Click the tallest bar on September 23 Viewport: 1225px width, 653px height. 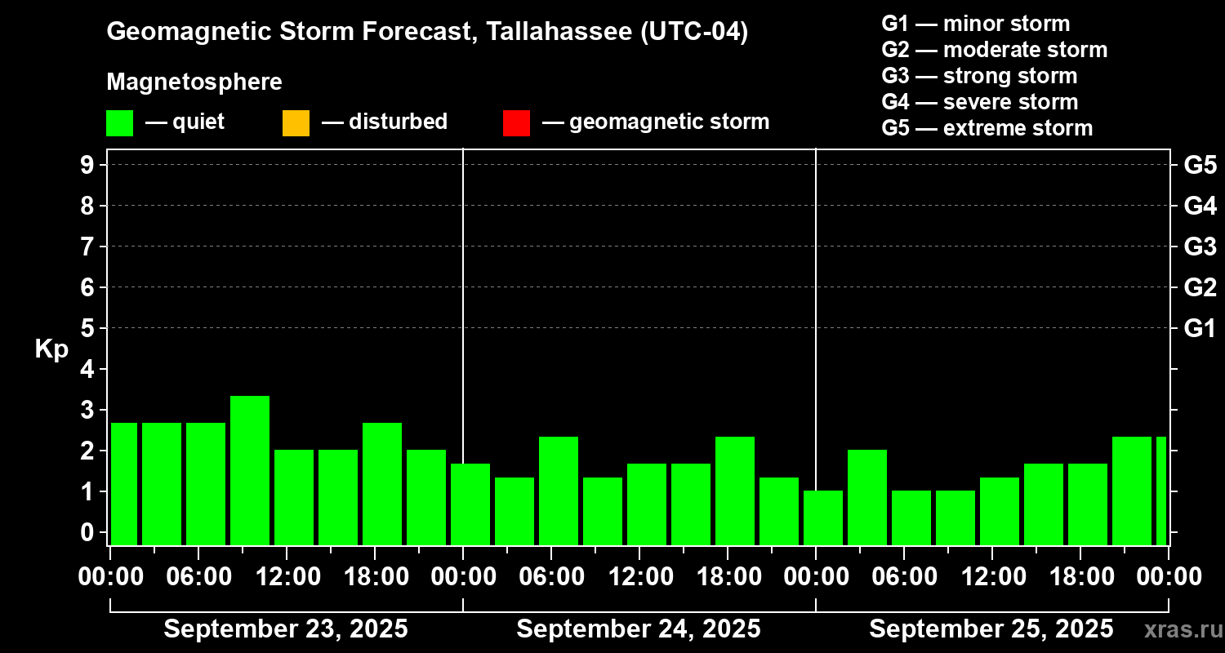pyautogui.click(x=250, y=470)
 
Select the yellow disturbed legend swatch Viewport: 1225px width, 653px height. pyautogui.click(x=296, y=123)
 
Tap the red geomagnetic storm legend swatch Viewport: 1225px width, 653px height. pyautogui.click(x=516, y=123)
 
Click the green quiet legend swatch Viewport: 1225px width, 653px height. pyautogui.click(x=119, y=123)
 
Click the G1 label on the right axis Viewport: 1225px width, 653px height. pyautogui.click(x=1200, y=329)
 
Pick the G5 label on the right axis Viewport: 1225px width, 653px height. pyautogui.click(x=1200, y=166)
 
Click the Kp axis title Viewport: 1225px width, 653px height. pyautogui.click(x=51, y=349)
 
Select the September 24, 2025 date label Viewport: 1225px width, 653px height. pyautogui.click(x=639, y=629)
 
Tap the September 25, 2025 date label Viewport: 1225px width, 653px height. pyautogui.click(x=991, y=629)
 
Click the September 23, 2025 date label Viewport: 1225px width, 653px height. pyautogui.click(x=286, y=629)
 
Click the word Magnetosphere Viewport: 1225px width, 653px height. pyautogui.click(x=194, y=82)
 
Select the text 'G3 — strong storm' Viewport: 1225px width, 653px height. pyautogui.click(x=979, y=76)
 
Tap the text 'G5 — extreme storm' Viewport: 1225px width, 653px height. pyautogui.click(x=987, y=128)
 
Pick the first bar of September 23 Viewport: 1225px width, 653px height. pyautogui.click(x=124, y=483)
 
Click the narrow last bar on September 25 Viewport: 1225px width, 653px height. pyautogui.click(x=1160, y=491)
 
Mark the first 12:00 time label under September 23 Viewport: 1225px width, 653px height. pyautogui.click(x=286, y=577)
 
